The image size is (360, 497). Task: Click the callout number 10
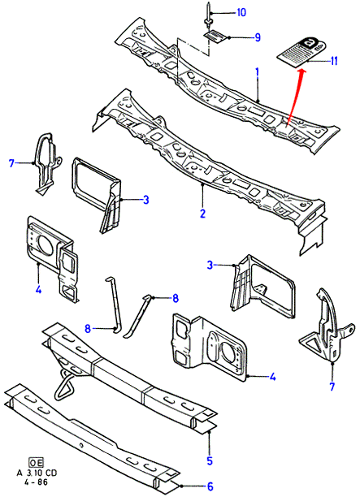[x=241, y=12]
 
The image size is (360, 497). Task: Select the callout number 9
[x=258, y=37]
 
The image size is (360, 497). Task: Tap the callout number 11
[x=333, y=61]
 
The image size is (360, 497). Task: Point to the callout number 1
[x=258, y=72]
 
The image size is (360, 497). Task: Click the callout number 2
[x=202, y=213]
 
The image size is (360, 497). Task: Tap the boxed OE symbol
[x=36, y=463]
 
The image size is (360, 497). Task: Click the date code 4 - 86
[x=37, y=482]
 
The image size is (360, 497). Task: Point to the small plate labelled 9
[x=215, y=35]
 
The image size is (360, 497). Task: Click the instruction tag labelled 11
[x=301, y=51]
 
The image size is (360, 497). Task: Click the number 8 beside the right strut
[x=175, y=298]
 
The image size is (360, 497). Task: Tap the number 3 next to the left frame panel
[x=145, y=200]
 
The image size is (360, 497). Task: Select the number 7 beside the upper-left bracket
[x=11, y=163]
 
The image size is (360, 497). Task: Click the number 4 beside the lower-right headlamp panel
[x=272, y=377]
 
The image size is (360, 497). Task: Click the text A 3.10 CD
[x=37, y=473]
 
